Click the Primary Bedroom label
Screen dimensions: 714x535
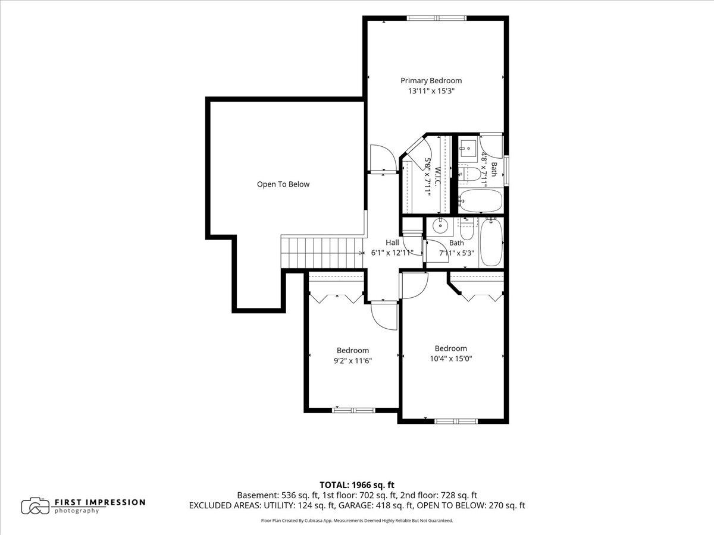(431, 81)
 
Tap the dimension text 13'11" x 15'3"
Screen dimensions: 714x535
(431, 91)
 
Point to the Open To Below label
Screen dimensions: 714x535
(283, 184)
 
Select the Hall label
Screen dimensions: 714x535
(392, 243)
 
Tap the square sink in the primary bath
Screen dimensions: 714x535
(468, 148)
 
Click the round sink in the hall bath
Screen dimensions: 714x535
(440, 225)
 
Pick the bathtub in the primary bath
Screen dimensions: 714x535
(481, 201)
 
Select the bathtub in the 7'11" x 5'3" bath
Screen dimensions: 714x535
(491, 243)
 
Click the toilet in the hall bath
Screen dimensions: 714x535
(468, 229)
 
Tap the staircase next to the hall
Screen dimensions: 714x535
(322, 253)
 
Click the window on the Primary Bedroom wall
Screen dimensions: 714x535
(436, 18)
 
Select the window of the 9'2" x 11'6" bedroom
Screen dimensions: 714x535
(353, 410)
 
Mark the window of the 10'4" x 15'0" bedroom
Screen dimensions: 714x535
(456, 421)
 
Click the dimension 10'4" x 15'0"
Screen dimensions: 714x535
(451, 358)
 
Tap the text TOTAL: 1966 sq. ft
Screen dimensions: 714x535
(357, 485)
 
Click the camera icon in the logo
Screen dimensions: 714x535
(35, 506)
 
